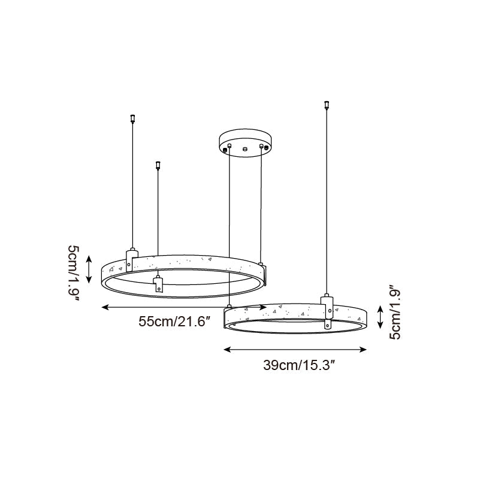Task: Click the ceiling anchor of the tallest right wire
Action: coord(326,105)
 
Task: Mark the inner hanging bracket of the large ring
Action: coord(158,284)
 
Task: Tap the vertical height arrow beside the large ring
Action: coord(89,268)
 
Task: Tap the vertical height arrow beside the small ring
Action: coord(380,316)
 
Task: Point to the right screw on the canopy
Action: coord(261,145)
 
